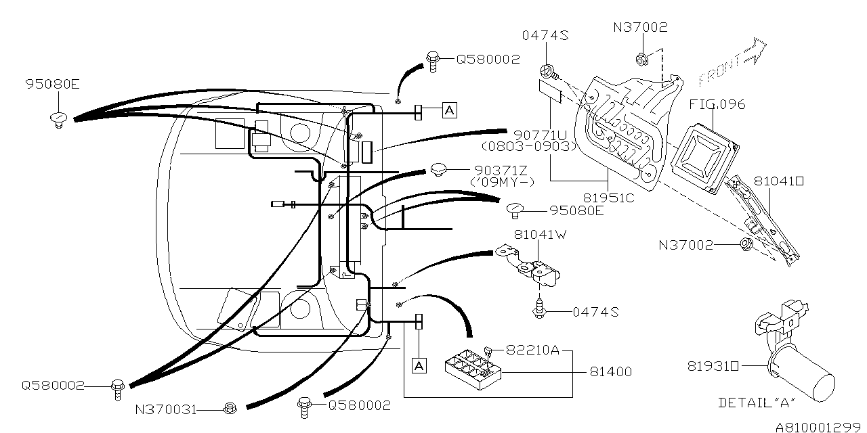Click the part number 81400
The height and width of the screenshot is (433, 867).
610,372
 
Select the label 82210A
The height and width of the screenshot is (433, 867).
532,350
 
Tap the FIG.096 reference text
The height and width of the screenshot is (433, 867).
717,104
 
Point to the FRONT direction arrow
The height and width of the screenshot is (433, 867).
732,63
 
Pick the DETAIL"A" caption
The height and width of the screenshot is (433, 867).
757,403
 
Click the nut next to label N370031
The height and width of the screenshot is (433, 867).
230,408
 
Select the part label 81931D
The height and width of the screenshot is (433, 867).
713,366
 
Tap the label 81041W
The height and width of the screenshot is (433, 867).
541,234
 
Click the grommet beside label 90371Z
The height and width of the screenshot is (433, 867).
438,169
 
